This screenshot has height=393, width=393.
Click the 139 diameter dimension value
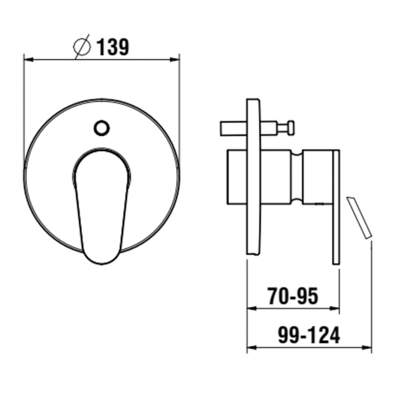(113, 47)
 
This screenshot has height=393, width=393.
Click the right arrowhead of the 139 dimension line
(175, 60)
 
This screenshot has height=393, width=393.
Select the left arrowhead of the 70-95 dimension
(252, 309)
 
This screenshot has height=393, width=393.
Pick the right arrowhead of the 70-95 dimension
(335, 309)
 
